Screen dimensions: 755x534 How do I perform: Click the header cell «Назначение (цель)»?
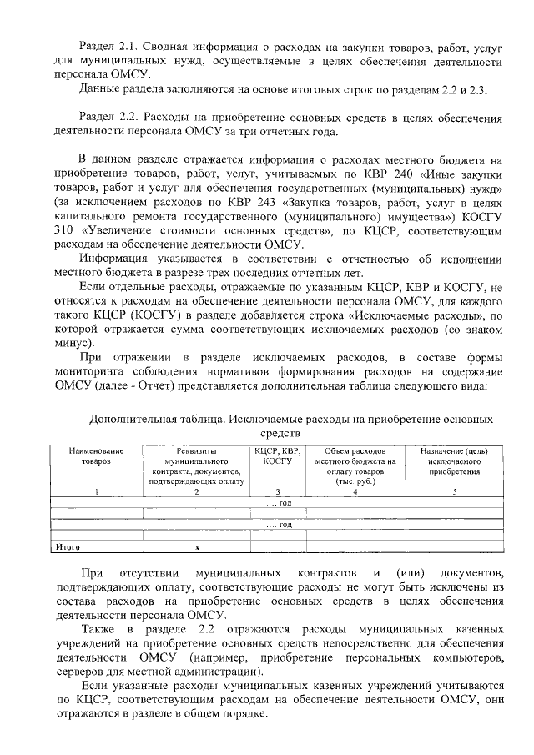tap(454, 451)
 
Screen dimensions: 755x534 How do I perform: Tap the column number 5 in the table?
tap(454, 492)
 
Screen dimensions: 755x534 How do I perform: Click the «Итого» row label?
tap(68, 547)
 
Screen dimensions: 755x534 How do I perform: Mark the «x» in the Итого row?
tap(197, 547)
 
